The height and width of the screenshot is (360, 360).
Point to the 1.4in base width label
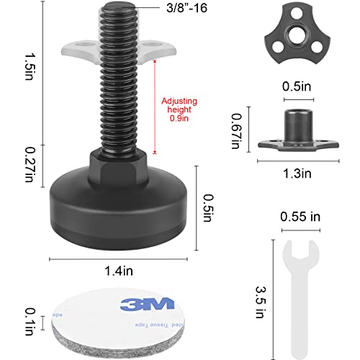click(x=119, y=271)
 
